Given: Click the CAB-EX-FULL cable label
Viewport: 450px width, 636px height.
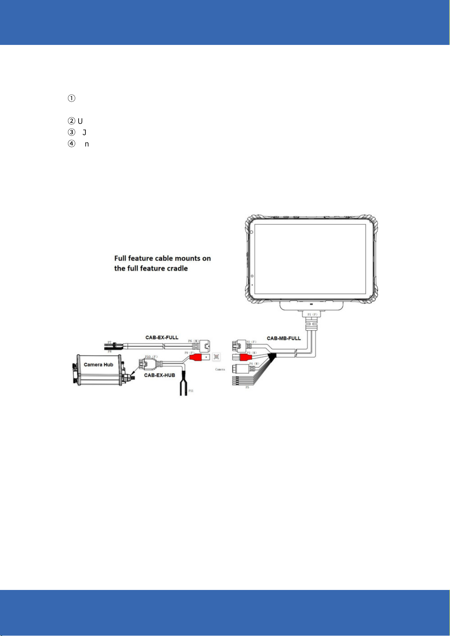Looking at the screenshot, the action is pos(162,337).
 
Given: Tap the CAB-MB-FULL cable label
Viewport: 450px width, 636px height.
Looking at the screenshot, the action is pos(284,338).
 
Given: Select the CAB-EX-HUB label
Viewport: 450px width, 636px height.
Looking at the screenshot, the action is pos(159,375).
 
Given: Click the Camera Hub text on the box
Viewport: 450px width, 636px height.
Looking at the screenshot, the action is pos(98,365).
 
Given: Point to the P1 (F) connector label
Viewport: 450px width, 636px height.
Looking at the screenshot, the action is pos(313,314).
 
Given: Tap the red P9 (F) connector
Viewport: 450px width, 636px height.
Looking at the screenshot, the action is pos(197,357).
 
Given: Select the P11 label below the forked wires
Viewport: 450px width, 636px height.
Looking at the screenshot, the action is pos(191,391).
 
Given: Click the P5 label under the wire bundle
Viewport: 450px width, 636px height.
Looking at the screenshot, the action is pos(247,387).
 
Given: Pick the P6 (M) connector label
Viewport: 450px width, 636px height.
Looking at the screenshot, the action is pos(193,341).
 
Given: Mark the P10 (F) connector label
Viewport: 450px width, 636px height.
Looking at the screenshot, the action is pos(151,356).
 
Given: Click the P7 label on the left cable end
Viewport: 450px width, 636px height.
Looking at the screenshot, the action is pos(110,342).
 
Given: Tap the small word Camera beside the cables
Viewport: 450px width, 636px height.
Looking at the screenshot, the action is pos(220,369).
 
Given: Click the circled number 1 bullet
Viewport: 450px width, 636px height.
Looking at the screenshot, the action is pos(71,99).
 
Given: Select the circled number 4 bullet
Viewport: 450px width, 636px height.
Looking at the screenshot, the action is pos(71,144).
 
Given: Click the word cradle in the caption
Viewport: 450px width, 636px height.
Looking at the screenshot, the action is pos(177,268).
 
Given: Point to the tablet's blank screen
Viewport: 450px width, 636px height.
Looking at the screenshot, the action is pos(310,259).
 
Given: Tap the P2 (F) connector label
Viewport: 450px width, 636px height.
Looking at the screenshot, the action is pos(252,342).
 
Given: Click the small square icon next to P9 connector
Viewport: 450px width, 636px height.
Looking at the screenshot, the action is pos(216,357).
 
